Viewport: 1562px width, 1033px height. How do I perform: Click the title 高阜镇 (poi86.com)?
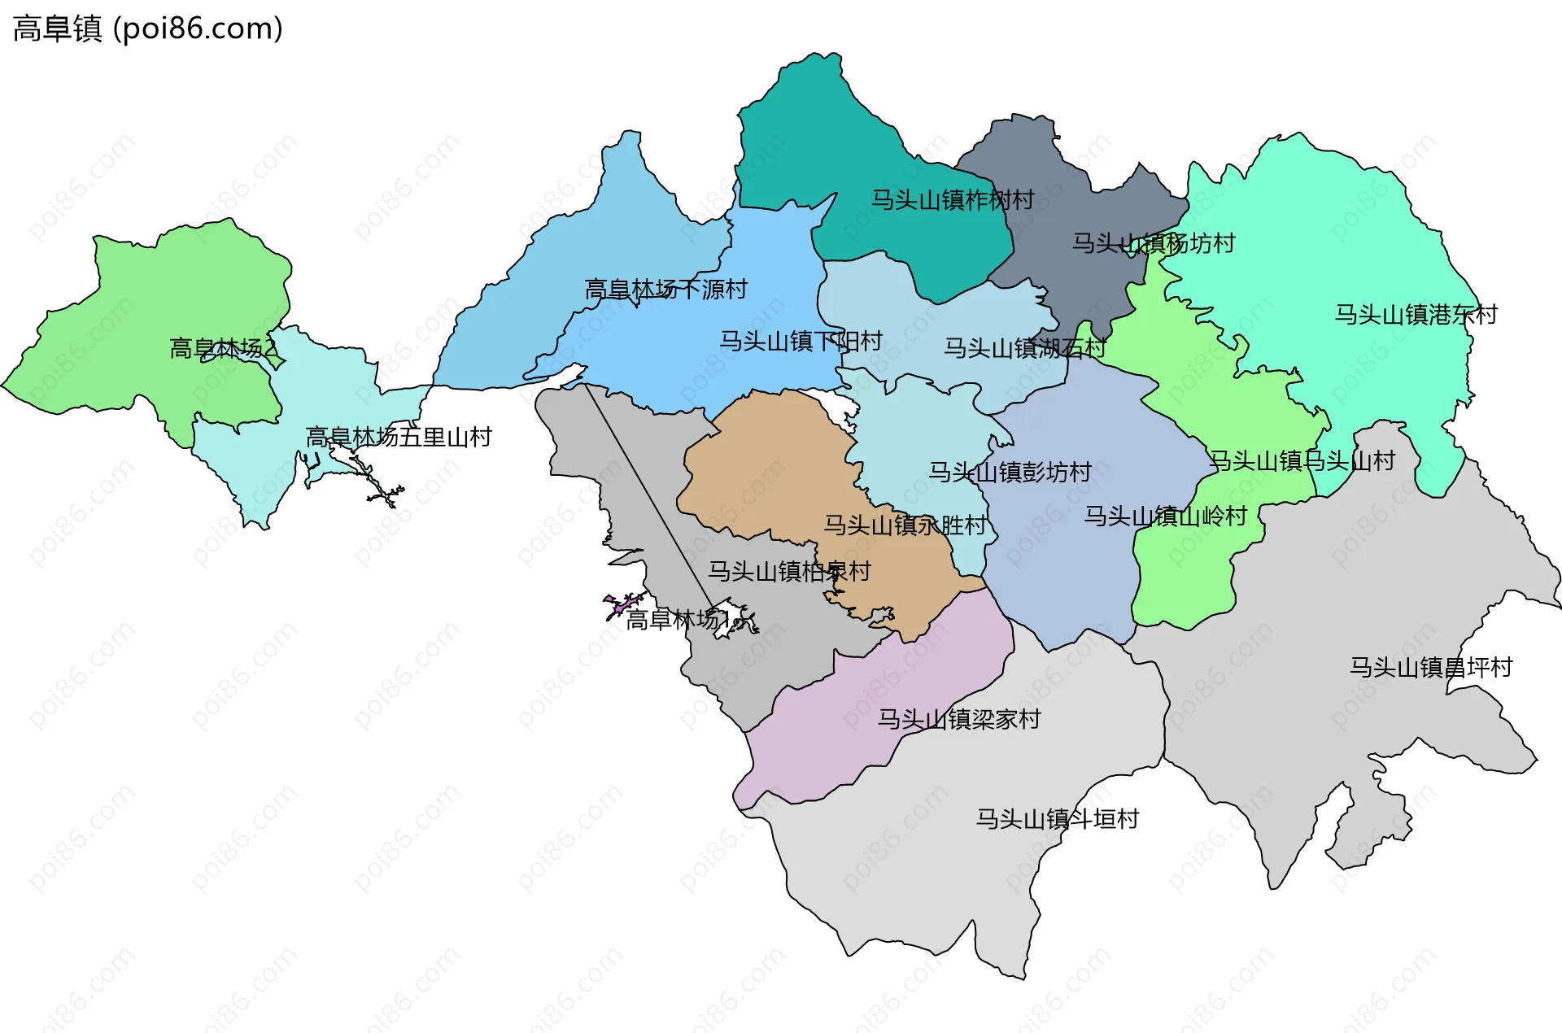click(147, 28)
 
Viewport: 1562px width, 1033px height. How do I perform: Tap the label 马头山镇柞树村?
click(952, 199)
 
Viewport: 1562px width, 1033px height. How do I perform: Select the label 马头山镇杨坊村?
click(1153, 242)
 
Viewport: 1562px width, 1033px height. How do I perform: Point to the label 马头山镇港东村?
click(1416, 314)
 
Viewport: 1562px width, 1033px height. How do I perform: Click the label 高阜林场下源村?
click(665, 289)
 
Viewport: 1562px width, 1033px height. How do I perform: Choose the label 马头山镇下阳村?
click(801, 340)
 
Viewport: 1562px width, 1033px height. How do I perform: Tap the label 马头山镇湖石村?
click(1024, 347)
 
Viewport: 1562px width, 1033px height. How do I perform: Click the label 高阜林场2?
click(223, 348)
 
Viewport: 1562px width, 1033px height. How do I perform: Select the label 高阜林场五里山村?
click(399, 437)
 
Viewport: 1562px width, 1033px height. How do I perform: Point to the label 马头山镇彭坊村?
click(1010, 471)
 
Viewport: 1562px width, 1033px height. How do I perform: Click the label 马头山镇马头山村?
click(1302, 460)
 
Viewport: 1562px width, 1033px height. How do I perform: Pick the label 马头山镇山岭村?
click(1165, 516)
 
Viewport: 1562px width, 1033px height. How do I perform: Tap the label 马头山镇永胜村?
click(905, 525)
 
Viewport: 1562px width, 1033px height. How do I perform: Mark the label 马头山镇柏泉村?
click(789, 571)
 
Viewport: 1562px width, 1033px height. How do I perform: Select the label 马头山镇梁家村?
click(958, 719)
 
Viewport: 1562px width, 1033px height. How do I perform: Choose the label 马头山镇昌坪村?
click(1430, 667)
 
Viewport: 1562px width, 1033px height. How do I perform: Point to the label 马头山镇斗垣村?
click(1057, 818)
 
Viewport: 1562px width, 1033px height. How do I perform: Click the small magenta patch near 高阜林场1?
click(622, 605)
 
